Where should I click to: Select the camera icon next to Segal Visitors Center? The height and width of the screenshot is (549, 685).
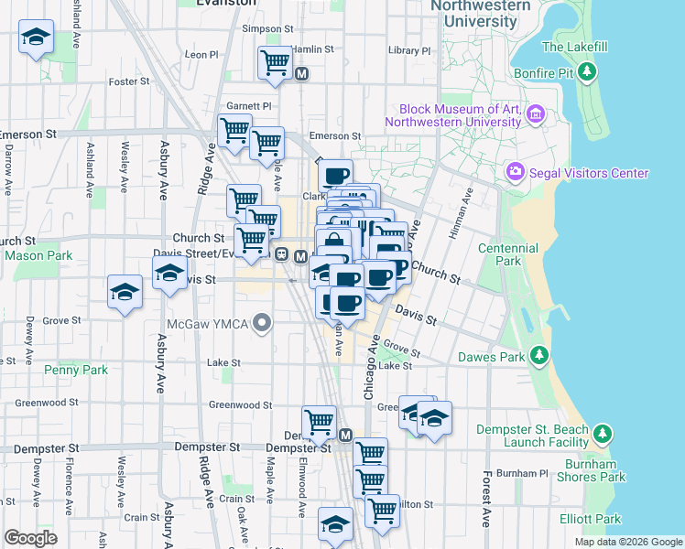[x=515, y=172]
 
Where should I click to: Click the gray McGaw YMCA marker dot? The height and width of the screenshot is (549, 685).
[x=264, y=322]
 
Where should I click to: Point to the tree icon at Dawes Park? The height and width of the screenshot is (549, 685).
[x=539, y=354]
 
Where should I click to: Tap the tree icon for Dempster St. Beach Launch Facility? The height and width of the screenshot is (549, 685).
[x=603, y=433]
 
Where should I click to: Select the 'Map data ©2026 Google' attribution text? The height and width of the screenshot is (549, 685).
[x=627, y=542]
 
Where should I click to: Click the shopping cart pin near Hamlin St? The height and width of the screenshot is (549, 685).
[x=274, y=62]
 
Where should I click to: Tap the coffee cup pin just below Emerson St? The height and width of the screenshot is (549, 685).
[x=335, y=175]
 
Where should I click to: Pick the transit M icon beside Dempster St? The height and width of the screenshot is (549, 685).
[x=345, y=436]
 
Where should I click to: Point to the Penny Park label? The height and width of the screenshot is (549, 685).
[x=76, y=371]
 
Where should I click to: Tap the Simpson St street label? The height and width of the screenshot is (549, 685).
[x=266, y=28]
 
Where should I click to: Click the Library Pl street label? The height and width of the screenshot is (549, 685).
[x=408, y=51]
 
